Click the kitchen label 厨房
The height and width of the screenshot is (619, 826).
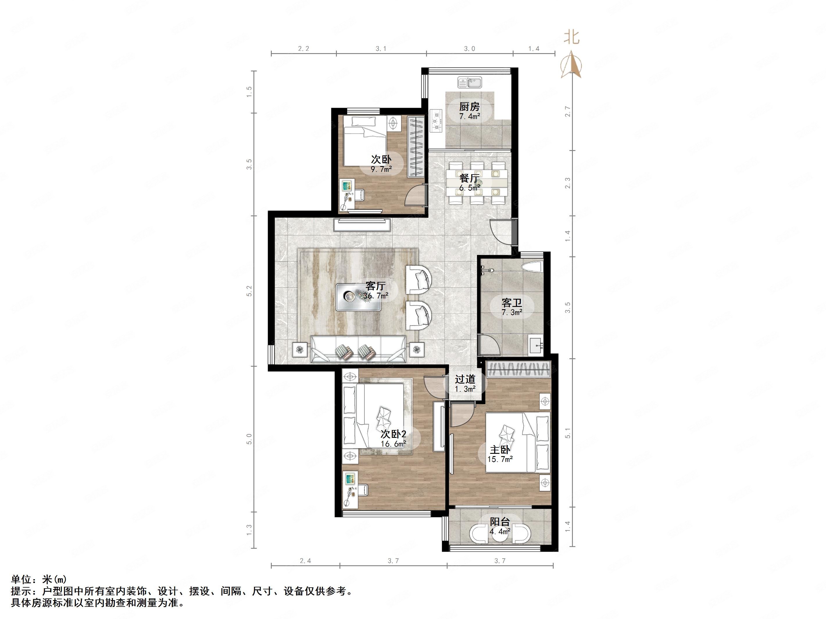(x=469, y=107)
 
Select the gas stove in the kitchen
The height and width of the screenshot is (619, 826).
(x=436, y=121)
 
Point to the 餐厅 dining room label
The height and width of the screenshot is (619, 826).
(x=469, y=178)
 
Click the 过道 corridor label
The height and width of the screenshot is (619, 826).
(x=465, y=379)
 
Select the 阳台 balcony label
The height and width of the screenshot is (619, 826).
(x=500, y=522)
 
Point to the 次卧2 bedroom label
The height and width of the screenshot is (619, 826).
(x=393, y=434)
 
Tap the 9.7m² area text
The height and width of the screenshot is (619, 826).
(x=381, y=169)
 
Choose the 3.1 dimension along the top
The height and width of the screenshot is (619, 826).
(x=381, y=49)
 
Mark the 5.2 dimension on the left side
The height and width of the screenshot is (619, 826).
(x=249, y=291)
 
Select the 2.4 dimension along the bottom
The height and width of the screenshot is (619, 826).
(x=305, y=561)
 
